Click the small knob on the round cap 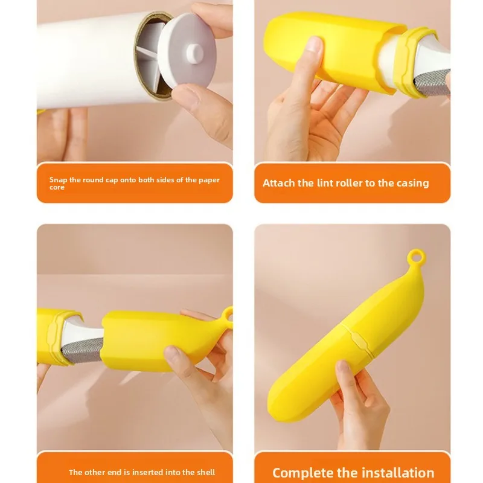194,53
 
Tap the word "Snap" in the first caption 58,180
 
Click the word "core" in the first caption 57,187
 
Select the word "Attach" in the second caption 279,183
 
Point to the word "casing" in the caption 413,184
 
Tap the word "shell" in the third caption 206,472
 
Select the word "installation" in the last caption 398,473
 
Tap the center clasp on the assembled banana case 359,341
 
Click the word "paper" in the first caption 209,180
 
